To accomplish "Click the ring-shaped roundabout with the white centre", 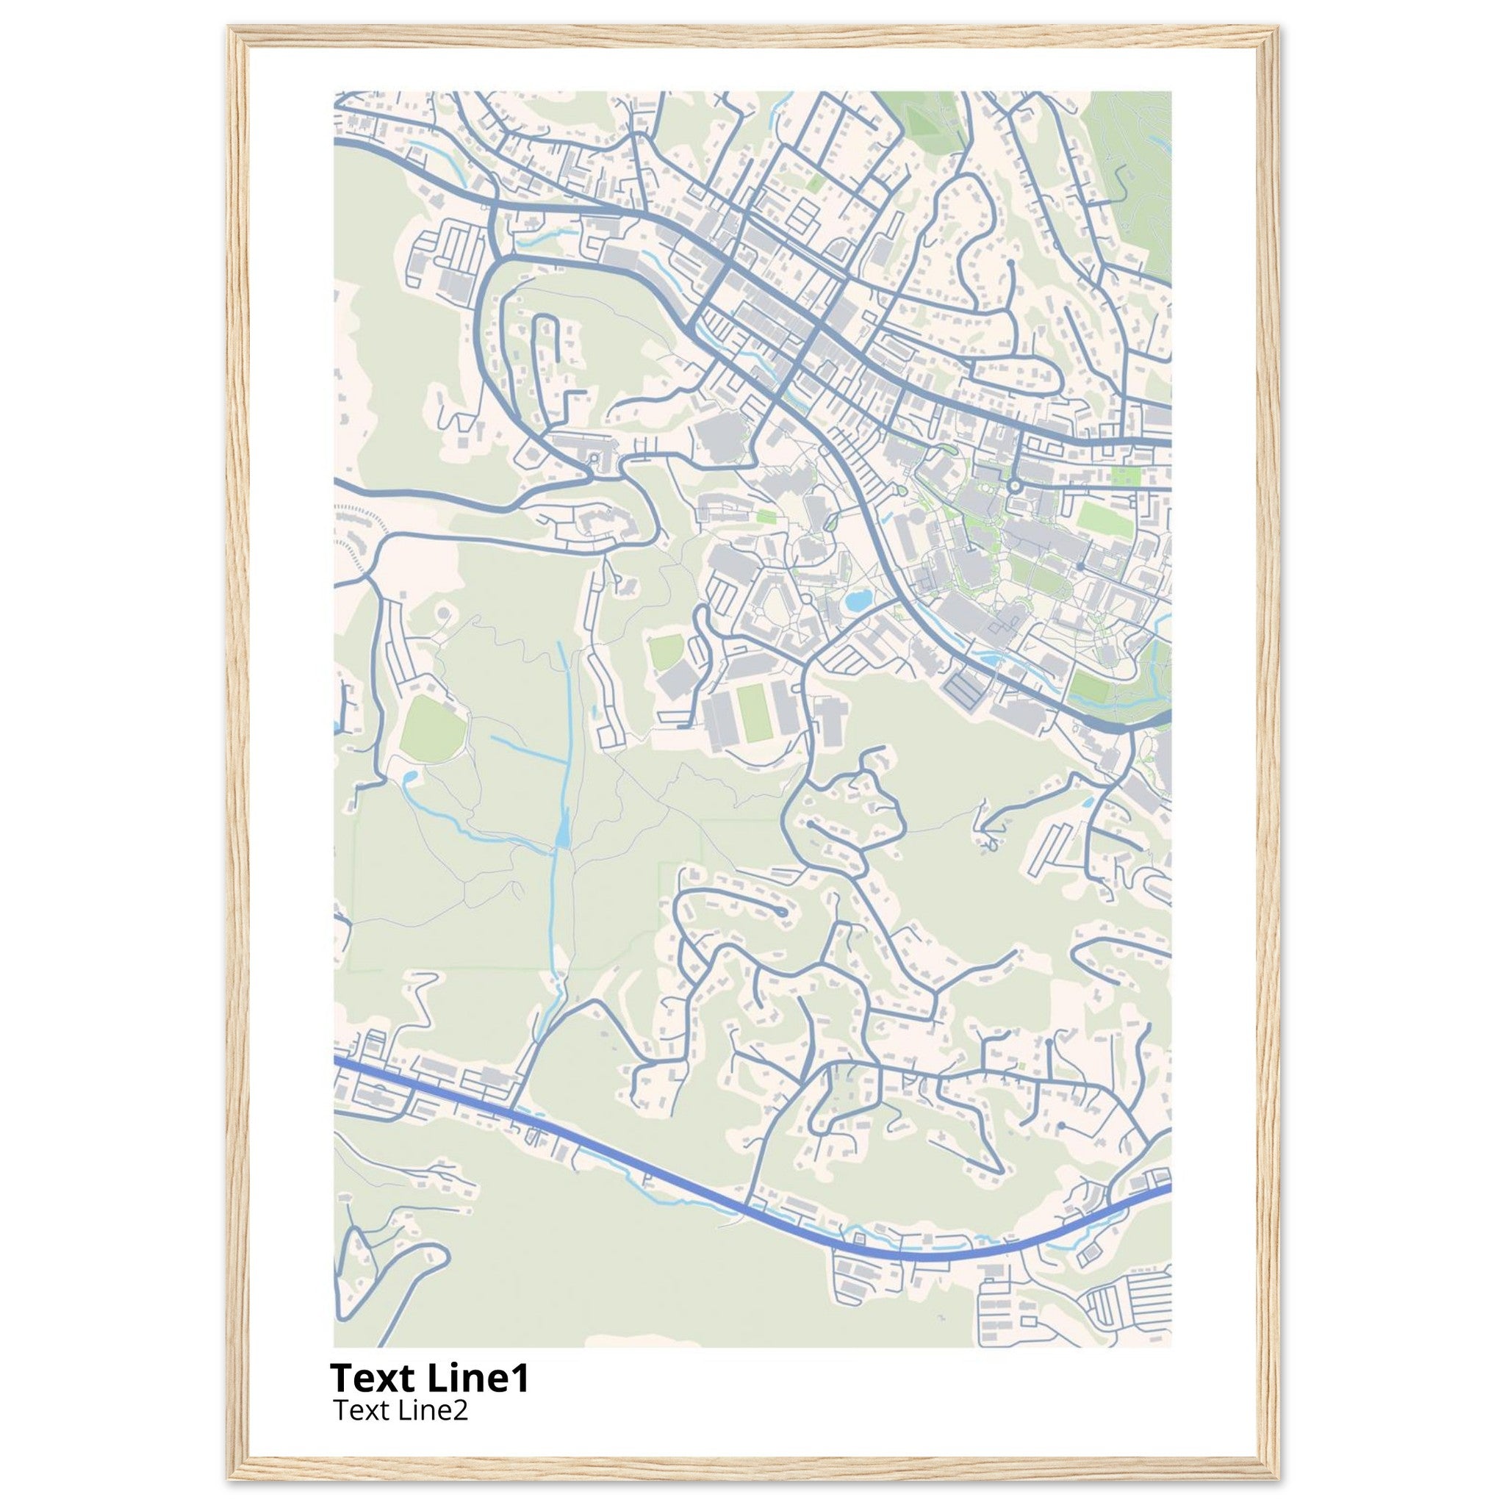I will [1014, 485].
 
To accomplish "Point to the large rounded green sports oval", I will [433, 730].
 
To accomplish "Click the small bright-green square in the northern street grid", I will [815, 184].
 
